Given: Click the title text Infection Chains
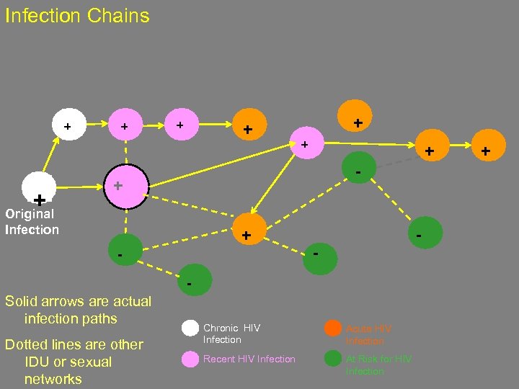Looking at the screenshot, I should tap(77, 16).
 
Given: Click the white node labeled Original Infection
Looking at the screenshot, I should tap(39, 189).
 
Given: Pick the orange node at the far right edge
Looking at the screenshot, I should tap(485, 151).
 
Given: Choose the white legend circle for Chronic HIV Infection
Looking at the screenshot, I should tap(190, 328).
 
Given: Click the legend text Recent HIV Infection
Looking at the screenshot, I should tap(249, 359).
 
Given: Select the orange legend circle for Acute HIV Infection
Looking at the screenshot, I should tap(332, 328).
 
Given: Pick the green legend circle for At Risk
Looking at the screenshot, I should tap(332, 359).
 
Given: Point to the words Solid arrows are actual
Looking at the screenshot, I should tap(78, 301).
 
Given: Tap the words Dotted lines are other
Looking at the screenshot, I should tap(74, 344).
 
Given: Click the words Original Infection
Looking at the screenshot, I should tap(32, 222).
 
